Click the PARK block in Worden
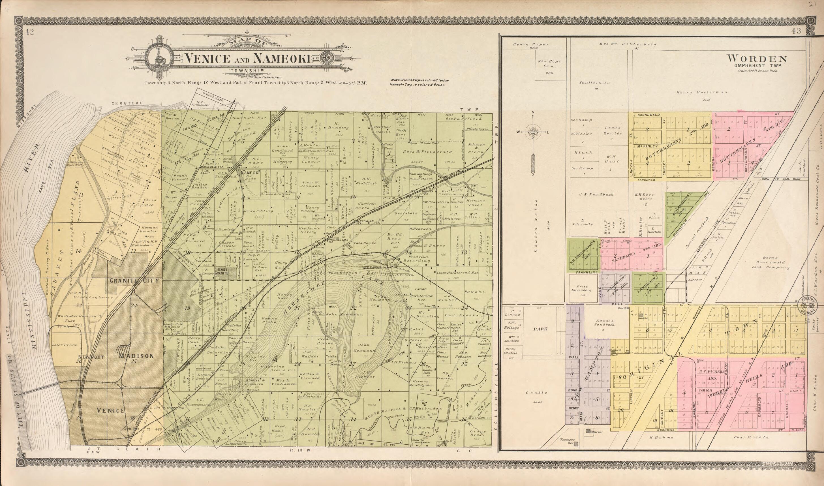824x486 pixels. (x=540, y=329)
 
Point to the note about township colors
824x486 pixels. (x=420, y=82)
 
